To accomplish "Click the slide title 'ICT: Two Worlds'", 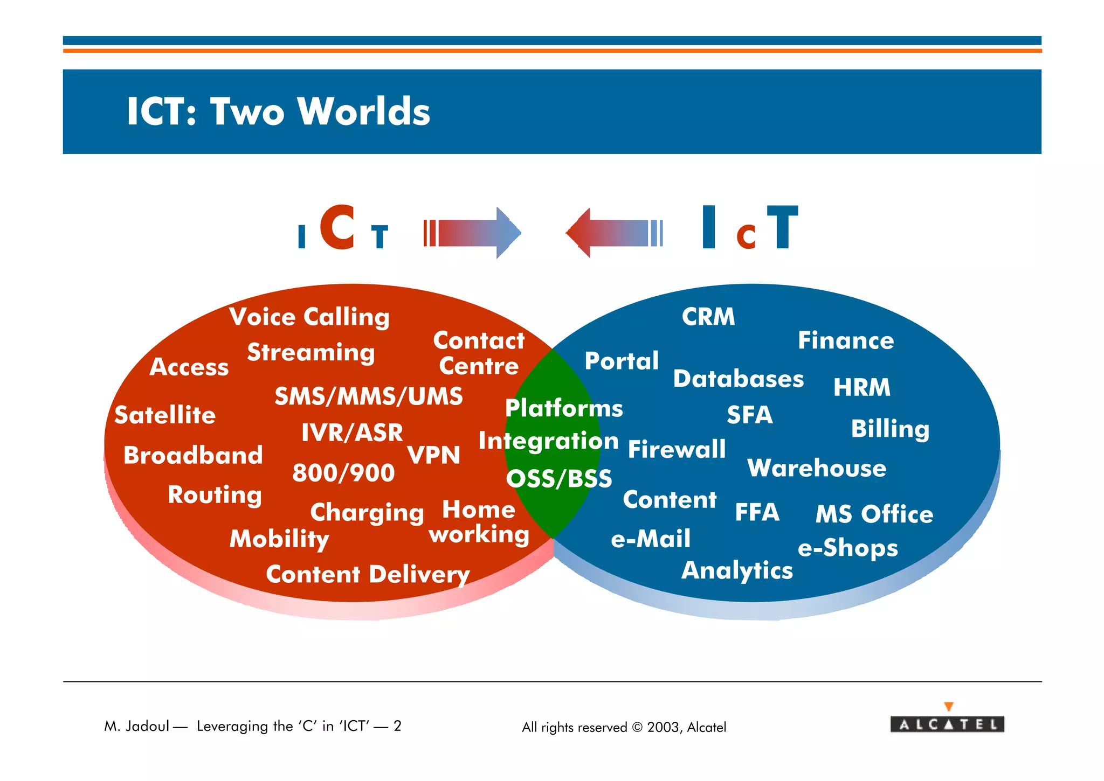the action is click(278, 111).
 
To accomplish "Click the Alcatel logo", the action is click(947, 723).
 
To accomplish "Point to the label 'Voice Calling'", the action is click(309, 317).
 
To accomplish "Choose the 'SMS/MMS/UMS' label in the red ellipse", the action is click(369, 396).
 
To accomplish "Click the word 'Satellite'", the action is click(165, 415).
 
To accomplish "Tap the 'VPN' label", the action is click(433, 455).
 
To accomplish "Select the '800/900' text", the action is click(343, 473).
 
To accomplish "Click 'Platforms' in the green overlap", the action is click(564, 408).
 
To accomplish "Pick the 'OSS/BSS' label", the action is click(559, 479).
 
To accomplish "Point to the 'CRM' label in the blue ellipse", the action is click(708, 317).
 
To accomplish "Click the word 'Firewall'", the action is click(677, 449).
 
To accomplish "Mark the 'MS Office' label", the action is click(874, 514).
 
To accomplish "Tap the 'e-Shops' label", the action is click(847, 548).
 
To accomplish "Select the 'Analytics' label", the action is click(737, 570).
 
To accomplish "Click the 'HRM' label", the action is click(861, 387).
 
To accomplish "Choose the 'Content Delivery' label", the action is click(368, 574).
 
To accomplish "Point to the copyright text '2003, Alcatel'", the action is click(686, 727).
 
